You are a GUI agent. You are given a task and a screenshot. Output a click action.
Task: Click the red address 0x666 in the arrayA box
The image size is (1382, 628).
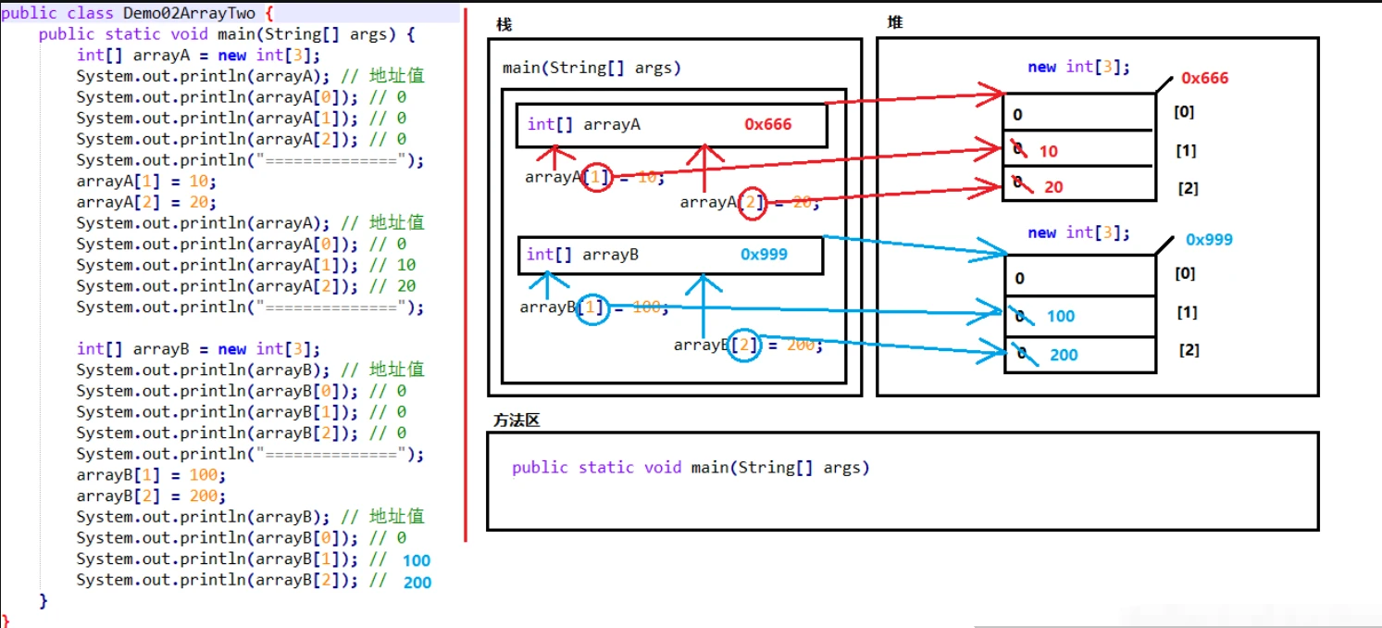767,124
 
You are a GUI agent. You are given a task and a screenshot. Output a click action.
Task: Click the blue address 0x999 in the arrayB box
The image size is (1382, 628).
764,255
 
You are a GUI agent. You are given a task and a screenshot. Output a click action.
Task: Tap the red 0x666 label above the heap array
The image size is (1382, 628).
1204,78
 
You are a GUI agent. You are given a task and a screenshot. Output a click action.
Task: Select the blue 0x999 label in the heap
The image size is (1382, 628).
1209,240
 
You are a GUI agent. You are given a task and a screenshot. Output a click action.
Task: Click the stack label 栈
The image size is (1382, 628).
504,25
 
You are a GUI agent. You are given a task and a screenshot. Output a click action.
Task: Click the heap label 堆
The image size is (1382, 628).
894,23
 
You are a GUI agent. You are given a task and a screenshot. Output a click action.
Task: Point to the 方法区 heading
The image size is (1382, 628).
517,421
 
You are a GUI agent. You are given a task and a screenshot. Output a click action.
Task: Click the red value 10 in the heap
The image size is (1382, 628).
1048,151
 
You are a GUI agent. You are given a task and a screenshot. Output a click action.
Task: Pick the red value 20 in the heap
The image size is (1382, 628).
1053,187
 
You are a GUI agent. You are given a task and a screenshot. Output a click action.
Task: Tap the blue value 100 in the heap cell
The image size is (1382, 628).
1061,316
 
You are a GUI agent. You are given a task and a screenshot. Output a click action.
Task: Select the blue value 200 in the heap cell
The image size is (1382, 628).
1064,355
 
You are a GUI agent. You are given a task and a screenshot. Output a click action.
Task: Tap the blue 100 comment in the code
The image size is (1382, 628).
417,560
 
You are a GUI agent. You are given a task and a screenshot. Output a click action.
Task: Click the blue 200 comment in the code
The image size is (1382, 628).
417,583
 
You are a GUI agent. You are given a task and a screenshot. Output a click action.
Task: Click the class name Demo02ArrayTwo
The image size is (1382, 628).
189,13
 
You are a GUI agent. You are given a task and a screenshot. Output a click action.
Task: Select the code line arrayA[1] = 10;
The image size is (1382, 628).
146,182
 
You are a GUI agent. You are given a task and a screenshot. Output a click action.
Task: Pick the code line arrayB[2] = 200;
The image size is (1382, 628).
151,496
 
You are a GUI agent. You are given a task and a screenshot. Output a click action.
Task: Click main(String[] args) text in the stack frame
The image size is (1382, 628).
591,68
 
